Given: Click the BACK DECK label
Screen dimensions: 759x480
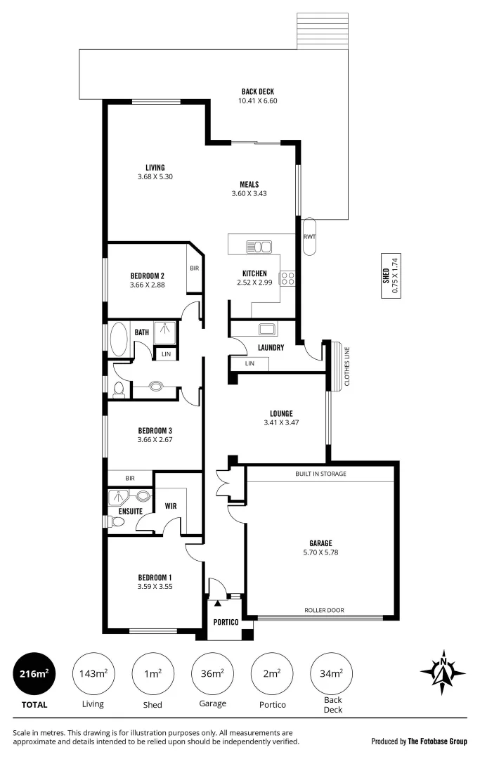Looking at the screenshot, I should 258,91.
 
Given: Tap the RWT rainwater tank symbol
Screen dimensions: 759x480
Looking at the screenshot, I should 309,236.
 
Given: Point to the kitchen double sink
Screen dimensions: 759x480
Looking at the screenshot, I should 258,247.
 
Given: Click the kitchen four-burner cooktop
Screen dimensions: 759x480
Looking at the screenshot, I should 287,278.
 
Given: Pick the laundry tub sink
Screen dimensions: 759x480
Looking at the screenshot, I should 268,328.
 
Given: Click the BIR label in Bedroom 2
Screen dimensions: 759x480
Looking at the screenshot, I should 194,268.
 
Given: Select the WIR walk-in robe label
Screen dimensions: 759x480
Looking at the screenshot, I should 171,505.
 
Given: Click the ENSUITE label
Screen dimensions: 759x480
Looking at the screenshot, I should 131,511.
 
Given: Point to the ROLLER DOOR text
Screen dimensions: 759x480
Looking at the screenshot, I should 324,610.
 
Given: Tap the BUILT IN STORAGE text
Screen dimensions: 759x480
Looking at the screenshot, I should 320,474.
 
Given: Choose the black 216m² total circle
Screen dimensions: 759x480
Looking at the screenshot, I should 34,673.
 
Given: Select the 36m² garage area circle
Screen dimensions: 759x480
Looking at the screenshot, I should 212,673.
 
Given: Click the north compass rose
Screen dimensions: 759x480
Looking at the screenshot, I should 443,672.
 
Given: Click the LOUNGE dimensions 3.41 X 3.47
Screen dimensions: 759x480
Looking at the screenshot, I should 281,423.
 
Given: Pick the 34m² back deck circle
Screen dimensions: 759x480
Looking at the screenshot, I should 331,673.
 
